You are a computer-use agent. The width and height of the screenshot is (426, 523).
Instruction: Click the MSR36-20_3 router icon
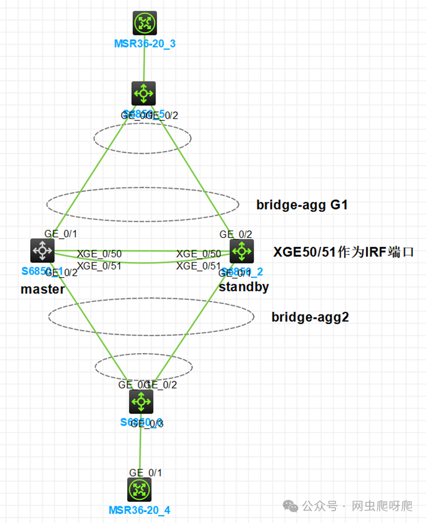(x=144, y=23)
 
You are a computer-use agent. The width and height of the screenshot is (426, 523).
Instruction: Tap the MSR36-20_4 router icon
(x=139, y=489)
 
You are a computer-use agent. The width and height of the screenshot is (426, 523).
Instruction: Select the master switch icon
(x=42, y=251)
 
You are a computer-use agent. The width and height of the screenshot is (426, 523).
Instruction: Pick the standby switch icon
(x=242, y=251)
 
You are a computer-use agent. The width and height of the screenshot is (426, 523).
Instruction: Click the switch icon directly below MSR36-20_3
(x=144, y=93)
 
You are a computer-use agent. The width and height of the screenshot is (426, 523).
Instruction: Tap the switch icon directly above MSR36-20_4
(x=141, y=402)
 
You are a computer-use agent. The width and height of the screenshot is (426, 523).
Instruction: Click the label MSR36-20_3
(x=145, y=44)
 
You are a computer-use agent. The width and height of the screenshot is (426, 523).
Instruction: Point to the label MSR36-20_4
(x=139, y=510)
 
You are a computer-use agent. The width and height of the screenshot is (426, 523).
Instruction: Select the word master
(x=42, y=289)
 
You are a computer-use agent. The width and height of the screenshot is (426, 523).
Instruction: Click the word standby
(x=244, y=287)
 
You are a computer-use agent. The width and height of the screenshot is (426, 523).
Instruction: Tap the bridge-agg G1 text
(x=302, y=205)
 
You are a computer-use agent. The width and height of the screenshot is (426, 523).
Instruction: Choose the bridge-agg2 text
(x=310, y=317)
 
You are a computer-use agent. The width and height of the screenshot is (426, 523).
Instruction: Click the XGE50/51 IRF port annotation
(x=344, y=252)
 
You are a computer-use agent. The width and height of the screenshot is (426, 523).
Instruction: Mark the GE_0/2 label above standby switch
(x=236, y=235)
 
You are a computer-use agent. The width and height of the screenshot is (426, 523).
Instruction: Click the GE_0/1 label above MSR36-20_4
(x=145, y=473)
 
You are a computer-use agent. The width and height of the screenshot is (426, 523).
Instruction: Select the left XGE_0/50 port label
(x=99, y=254)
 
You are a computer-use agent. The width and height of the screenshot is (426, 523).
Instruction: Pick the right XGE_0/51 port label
(x=198, y=266)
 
